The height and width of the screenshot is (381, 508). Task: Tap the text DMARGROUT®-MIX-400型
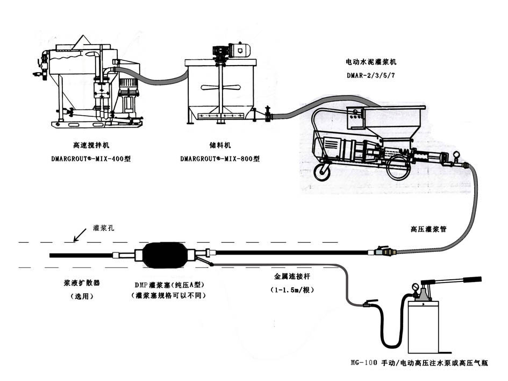point(92,159)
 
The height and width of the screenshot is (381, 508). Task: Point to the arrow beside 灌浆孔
point(78,235)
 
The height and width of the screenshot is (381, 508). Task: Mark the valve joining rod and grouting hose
point(383,250)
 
